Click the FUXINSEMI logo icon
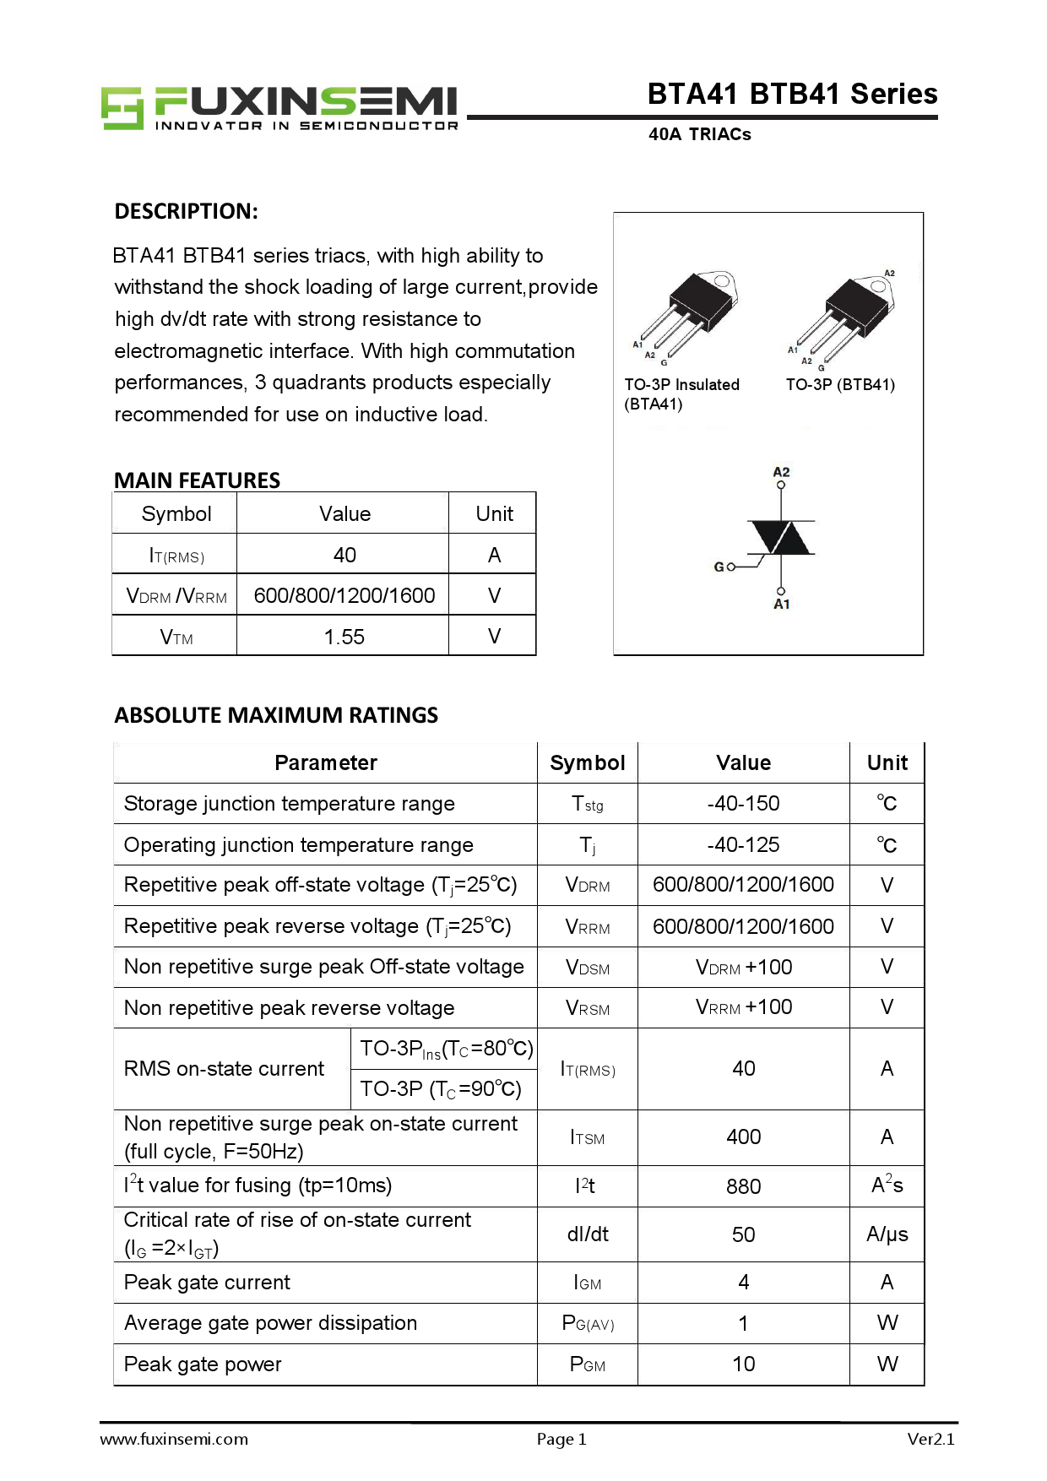pyautogui.click(x=122, y=107)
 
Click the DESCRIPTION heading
pyautogui.click(x=186, y=211)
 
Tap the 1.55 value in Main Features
pyautogui.click(x=344, y=637)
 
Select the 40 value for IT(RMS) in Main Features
pyautogui.click(x=344, y=555)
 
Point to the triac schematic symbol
pyautogui.click(x=782, y=538)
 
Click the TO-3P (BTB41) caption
pyautogui.click(x=839, y=385)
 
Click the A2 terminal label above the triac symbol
pyautogui.click(x=781, y=472)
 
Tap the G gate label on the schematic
pyautogui.click(x=719, y=567)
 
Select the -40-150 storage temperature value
pyautogui.click(x=743, y=803)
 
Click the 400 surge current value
pyautogui.click(x=743, y=1137)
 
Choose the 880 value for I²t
pyautogui.click(x=743, y=1186)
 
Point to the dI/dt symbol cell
pyautogui.click(x=588, y=1234)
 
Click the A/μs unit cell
pyautogui.click(x=887, y=1234)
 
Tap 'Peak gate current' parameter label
pyautogui.click(x=207, y=1283)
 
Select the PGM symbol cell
pyautogui.click(x=588, y=1364)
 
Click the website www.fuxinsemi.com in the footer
pyautogui.click(x=174, y=1440)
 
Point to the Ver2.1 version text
pyautogui.click(x=930, y=1440)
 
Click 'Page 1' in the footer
pyautogui.click(x=561, y=1440)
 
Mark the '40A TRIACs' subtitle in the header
pyautogui.click(x=699, y=134)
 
